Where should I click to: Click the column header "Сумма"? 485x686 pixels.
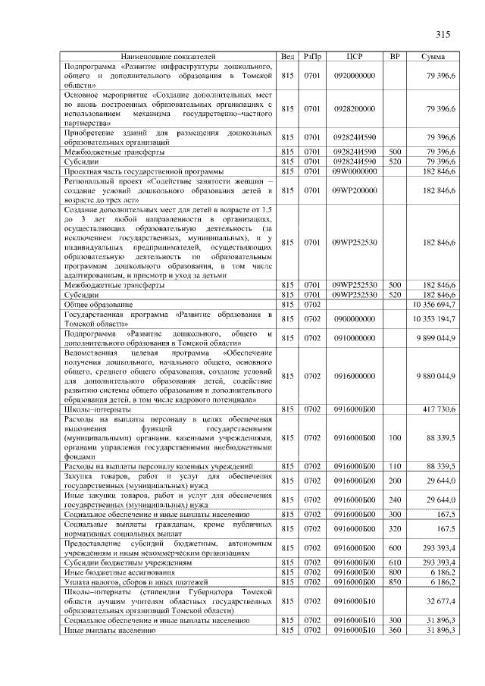pyautogui.click(x=433, y=57)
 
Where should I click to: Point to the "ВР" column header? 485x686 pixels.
pyautogui.click(x=394, y=57)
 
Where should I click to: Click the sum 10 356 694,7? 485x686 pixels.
pyautogui.click(x=433, y=304)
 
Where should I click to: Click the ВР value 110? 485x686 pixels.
pyautogui.click(x=394, y=465)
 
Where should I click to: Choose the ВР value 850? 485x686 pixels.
pyautogui.click(x=394, y=581)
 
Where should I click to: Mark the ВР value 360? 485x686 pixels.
pyautogui.click(x=394, y=630)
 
